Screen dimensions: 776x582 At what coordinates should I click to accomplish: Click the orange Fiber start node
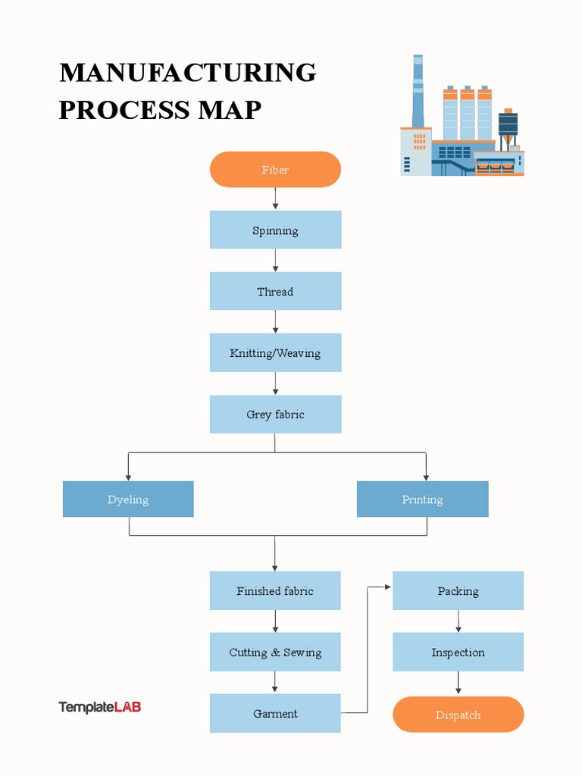275,170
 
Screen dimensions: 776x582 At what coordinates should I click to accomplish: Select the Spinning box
275,230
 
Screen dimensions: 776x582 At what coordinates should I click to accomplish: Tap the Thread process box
275,292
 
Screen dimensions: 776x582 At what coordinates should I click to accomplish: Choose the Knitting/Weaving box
275,353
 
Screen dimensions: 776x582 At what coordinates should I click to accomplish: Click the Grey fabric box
275,415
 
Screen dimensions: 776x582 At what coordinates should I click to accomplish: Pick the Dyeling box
128,499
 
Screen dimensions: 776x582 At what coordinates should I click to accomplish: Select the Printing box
422,499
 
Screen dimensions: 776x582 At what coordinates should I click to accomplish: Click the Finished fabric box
275,591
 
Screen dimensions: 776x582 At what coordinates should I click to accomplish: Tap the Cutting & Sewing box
275,652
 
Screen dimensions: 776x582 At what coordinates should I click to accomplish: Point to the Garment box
275,714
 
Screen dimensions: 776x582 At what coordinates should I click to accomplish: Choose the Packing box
458,591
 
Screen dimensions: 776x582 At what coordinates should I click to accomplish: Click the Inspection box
458,652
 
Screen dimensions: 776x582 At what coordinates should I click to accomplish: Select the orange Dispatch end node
458,715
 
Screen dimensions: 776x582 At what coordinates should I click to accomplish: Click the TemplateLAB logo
100,707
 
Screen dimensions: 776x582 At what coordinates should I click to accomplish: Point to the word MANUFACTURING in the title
187,73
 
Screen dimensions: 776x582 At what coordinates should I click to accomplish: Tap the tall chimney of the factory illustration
418,91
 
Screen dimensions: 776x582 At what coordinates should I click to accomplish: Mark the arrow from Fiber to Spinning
275,199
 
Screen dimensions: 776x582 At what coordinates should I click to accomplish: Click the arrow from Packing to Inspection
458,621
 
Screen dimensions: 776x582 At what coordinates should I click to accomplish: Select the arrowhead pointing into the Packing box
388,587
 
